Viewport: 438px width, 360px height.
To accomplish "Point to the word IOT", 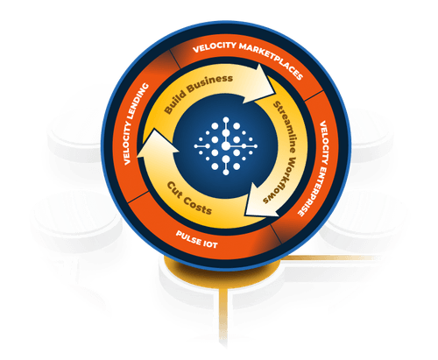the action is pyautogui.click(x=210, y=244).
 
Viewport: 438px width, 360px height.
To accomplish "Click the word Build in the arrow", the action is pyautogui.click(x=174, y=102).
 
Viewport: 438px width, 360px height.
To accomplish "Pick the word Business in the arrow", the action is pyautogui.click(x=210, y=81).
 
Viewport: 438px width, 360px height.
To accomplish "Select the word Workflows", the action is pyautogui.click(x=278, y=182).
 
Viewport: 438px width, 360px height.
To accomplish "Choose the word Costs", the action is pyautogui.click(x=198, y=207).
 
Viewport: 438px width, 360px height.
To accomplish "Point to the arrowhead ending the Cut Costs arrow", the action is pyautogui.click(x=157, y=145).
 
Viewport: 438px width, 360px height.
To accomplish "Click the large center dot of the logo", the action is pyautogui.click(x=226, y=145).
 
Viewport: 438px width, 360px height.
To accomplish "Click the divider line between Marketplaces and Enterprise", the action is pyautogui.click(x=314, y=95).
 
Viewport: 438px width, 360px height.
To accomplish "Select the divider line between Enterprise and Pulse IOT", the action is pyautogui.click(x=276, y=234).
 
